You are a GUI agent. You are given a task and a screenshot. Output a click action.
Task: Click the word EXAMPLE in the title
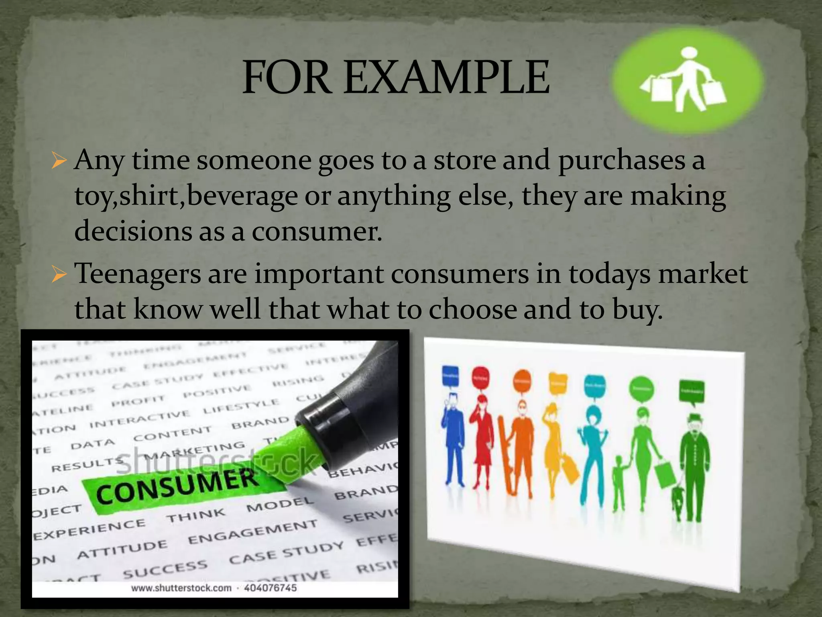tap(447, 77)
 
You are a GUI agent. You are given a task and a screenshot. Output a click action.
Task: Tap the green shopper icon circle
tap(687, 80)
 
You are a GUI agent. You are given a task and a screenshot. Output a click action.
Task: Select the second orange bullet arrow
tap(59, 274)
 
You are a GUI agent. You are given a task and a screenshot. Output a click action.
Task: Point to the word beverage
tap(242, 196)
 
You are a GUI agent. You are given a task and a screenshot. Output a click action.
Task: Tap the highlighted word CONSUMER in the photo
tap(177, 487)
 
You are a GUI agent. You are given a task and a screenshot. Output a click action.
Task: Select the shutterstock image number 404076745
tap(270, 588)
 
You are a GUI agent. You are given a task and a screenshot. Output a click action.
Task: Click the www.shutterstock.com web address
tap(181, 588)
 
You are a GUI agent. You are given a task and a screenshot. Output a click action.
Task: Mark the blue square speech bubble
tap(450, 376)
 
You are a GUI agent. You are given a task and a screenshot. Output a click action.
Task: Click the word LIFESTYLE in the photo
tap(241, 407)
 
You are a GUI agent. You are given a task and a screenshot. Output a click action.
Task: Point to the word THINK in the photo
tap(196, 516)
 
